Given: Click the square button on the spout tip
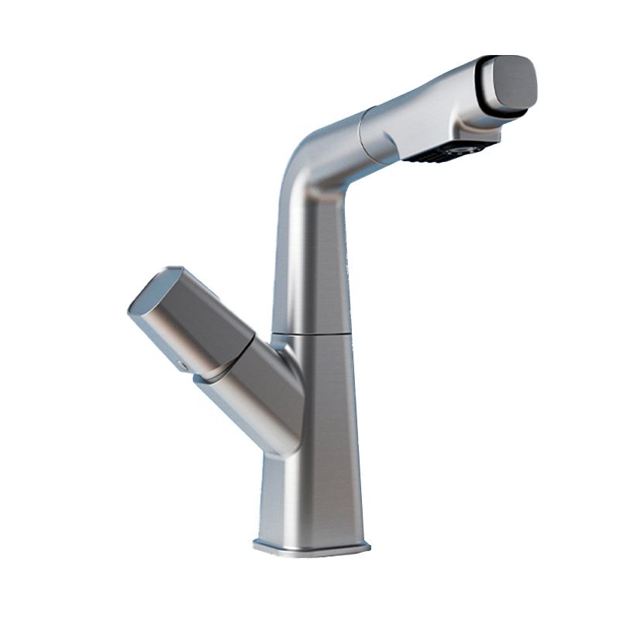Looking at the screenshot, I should (510, 81).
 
